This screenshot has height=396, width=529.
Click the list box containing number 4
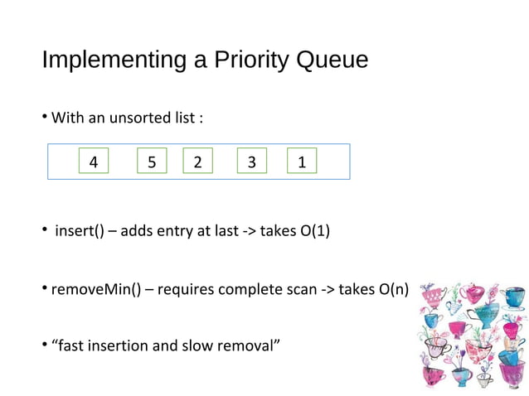[94, 162]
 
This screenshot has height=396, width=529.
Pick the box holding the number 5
[152, 162]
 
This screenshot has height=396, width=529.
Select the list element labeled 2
[197, 162]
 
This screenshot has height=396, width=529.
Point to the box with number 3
[252, 162]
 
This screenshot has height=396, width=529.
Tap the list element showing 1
[302, 162]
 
